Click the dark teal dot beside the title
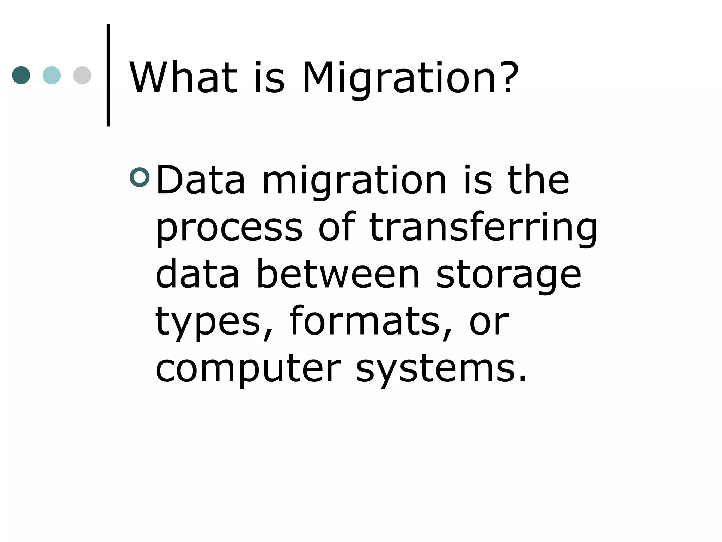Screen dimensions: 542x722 tap(21, 75)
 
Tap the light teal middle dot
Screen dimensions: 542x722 tap(51, 75)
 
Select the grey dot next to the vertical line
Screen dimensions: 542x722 tap(82, 75)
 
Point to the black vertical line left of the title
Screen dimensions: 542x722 tap(108, 75)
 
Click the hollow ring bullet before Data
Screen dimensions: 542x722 tap(140, 177)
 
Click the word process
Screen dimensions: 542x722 tap(229, 228)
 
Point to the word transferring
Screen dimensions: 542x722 tap(483, 228)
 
